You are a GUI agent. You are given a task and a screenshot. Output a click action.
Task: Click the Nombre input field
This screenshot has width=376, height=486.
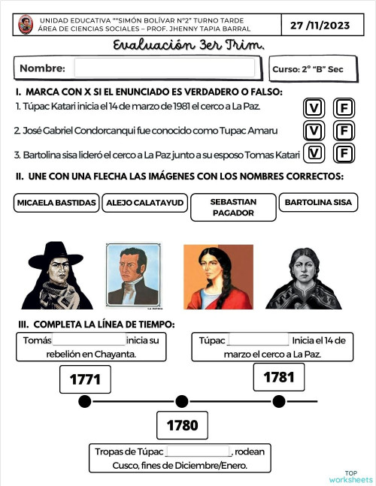pyautogui.click(x=165, y=68)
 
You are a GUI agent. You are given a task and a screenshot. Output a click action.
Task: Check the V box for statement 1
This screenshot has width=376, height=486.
pyautogui.click(x=314, y=107)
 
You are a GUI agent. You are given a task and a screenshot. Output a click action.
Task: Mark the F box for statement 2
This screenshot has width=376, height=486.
pyautogui.click(x=344, y=131)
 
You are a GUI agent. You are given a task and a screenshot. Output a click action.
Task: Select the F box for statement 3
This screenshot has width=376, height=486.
pyautogui.click(x=344, y=154)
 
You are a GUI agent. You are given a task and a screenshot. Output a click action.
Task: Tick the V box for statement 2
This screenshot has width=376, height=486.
pyautogui.click(x=314, y=131)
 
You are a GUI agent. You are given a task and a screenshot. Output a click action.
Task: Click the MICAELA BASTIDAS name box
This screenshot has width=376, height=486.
pyautogui.click(x=56, y=203)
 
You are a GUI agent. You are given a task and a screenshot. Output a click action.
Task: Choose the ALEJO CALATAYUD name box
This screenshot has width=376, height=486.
pyautogui.click(x=144, y=203)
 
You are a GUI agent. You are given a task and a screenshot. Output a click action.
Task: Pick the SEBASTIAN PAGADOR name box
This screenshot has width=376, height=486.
pyautogui.click(x=233, y=207)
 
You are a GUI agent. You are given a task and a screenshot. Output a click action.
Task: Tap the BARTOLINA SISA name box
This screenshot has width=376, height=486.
pyautogui.click(x=318, y=203)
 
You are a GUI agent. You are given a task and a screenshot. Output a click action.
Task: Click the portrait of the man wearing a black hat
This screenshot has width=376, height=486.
pyautogui.click(x=56, y=276)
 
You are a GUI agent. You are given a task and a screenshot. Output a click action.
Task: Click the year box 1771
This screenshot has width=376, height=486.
pyautogui.click(x=85, y=379)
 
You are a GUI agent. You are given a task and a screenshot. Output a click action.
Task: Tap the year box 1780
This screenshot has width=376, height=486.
pyautogui.click(x=182, y=426)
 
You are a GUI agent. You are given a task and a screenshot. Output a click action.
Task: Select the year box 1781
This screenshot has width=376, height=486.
pyautogui.click(x=279, y=377)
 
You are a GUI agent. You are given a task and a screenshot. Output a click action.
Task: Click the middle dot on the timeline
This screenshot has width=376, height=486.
pyautogui.click(x=181, y=401)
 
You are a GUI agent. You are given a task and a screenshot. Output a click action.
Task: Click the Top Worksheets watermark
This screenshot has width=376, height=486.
pyautogui.click(x=350, y=476)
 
